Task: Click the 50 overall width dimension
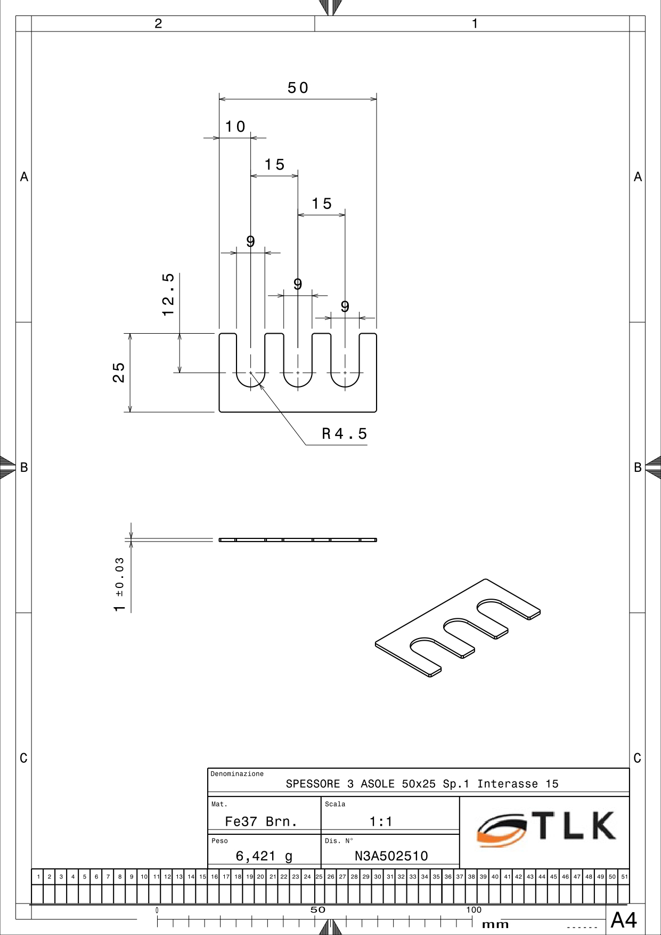298,87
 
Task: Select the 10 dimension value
235,126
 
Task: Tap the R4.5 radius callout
344,433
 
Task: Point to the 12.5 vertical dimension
168,294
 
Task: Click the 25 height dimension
118,373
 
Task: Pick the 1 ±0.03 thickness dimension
119,584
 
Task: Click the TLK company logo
546,828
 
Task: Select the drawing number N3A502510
391,856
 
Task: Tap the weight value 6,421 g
264,856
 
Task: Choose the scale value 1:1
381,821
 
